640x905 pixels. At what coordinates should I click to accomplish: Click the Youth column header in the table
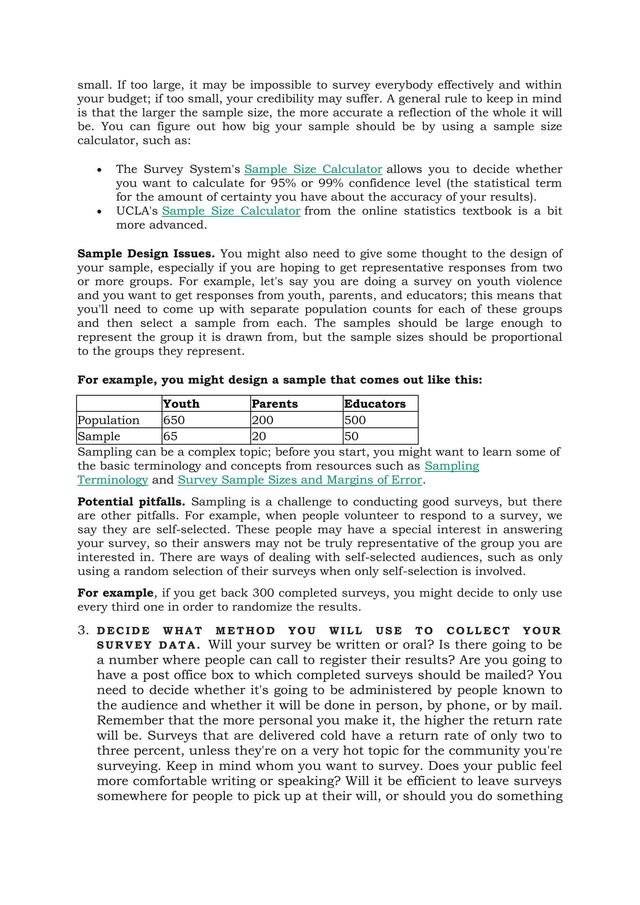pyautogui.click(x=181, y=404)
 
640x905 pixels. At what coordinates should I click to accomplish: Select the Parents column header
pyautogui.click(x=275, y=404)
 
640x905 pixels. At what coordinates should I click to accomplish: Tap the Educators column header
pyautogui.click(x=374, y=404)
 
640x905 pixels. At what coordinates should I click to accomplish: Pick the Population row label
pyautogui.click(x=108, y=420)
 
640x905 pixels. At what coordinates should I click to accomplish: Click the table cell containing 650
pyautogui.click(x=174, y=420)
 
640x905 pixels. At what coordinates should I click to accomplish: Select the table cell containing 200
pyautogui.click(x=262, y=420)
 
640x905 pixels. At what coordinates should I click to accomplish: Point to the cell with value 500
pyautogui.click(x=355, y=420)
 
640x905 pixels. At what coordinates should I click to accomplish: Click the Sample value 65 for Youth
pyautogui.click(x=170, y=436)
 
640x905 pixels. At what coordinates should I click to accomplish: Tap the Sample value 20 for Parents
pyautogui.click(x=259, y=436)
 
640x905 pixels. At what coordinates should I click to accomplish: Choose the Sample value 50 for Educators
pyautogui.click(x=351, y=436)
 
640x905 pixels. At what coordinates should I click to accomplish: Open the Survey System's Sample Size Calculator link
pyautogui.click(x=313, y=169)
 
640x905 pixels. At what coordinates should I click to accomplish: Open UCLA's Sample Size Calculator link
pyautogui.click(x=231, y=211)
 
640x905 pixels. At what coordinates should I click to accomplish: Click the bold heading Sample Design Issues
pyautogui.click(x=146, y=253)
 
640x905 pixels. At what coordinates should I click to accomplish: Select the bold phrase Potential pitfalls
pyautogui.click(x=131, y=502)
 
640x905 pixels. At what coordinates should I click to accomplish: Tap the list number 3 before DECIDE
pyautogui.click(x=82, y=630)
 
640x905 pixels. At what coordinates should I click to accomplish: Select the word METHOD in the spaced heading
pyautogui.click(x=245, y=631)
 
